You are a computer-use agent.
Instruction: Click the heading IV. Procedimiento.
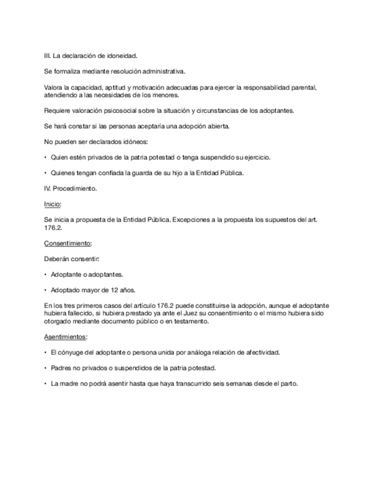70,189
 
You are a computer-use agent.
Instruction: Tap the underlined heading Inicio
52,204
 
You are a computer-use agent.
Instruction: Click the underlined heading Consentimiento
68,243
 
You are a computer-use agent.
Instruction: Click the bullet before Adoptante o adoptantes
45,275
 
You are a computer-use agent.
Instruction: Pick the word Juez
156,313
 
